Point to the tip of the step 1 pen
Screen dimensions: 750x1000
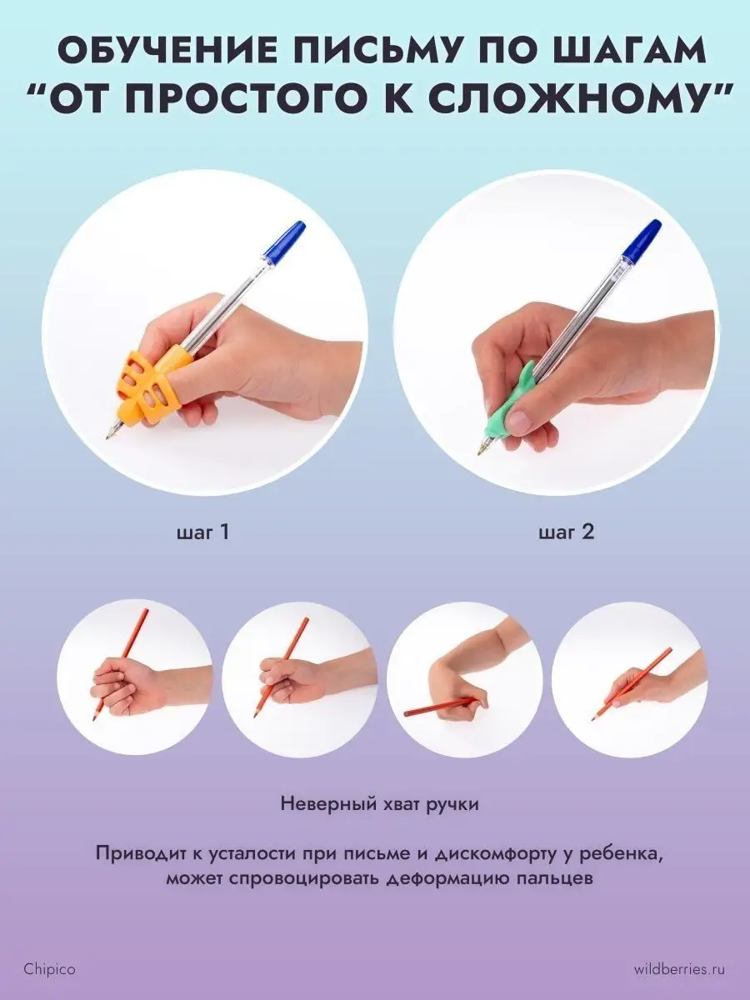click(107, 437)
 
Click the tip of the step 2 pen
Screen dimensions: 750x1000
click(479, 453)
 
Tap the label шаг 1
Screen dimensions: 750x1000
click(203, 532)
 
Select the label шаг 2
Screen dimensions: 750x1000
click(567, 532)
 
